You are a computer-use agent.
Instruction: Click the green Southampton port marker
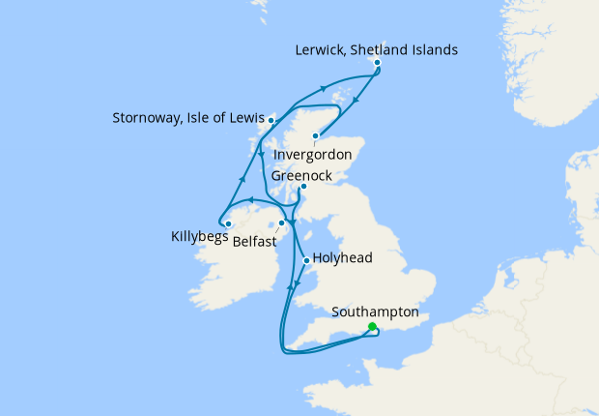click(372, 327)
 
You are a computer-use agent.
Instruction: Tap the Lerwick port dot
click(377, 63)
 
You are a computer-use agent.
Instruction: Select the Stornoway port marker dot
click(271, 120)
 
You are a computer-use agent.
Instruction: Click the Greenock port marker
click(302, 187)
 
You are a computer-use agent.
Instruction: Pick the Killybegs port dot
click(227, 224)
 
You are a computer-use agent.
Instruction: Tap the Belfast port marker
click(282, 223)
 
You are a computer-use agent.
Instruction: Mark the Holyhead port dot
click(306, 260)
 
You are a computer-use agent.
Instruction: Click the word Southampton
click(375, 312)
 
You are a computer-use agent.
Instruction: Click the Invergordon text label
click(311, 155)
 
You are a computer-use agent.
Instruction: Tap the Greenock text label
click(301, 176)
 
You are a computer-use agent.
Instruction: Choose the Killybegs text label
click(199, 235)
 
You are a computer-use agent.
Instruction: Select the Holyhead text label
click(343, 259)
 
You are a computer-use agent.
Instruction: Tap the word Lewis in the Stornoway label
click(244, 120)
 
